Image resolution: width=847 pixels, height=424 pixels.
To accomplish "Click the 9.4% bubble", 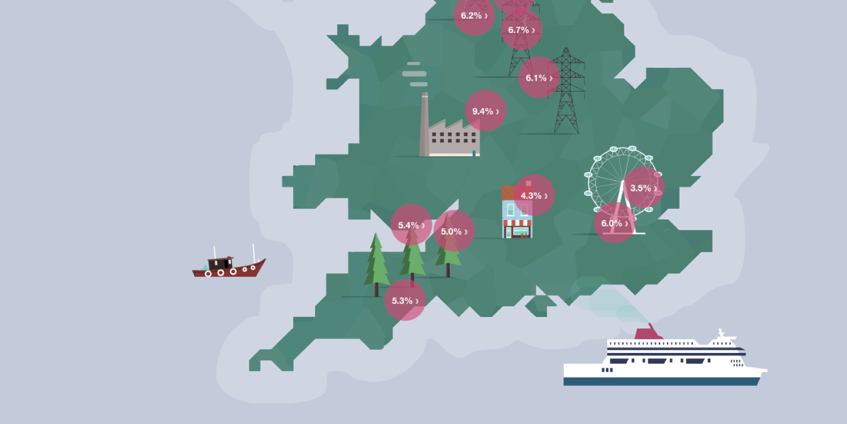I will (485, 111).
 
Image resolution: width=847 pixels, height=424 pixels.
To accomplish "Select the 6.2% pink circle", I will (474, 15).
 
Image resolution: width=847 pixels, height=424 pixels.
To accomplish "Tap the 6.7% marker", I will (521, 30).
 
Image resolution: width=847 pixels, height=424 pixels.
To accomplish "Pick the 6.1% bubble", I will (539, 77).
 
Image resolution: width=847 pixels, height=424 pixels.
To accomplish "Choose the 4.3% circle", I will (534, 195).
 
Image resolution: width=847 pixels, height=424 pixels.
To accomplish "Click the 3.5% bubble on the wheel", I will (643, 188).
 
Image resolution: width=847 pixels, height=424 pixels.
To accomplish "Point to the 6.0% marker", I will (614, 223).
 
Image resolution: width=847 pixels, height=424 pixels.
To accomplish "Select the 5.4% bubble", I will (411, 225).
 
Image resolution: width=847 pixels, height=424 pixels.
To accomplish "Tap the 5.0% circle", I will (454, 231).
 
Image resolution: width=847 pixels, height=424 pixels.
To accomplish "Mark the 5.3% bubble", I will (405, 301).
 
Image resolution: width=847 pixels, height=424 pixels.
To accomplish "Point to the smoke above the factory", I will (415, 74).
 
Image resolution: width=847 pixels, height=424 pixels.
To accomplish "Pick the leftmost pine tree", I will (376, 262).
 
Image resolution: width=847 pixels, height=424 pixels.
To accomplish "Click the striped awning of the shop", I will (517, 223).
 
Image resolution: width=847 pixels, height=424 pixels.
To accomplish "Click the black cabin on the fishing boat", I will (219, 263).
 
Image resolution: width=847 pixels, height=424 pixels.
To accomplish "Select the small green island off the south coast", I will (539, 305).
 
